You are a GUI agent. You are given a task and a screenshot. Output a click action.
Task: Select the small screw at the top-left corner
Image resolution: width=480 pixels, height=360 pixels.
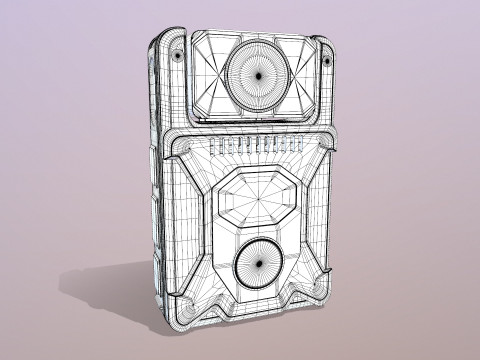point(177,55)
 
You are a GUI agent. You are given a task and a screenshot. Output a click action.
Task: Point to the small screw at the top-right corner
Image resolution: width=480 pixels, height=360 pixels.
point(327,61)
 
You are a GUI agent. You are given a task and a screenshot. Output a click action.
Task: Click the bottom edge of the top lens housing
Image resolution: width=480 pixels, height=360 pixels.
point(255,118)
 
